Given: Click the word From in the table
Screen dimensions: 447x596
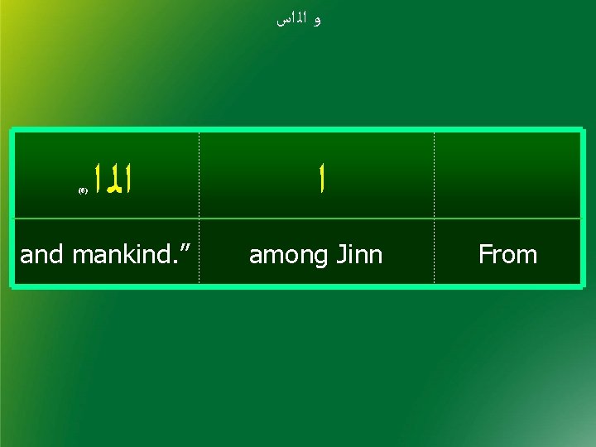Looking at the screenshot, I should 507,254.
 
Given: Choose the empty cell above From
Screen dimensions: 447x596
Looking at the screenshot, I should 507,175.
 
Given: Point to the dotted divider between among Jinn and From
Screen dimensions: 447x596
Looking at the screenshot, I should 434,207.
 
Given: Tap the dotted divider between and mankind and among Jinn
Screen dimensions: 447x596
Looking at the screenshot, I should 199,207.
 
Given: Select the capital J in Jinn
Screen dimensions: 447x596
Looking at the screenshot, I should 339,254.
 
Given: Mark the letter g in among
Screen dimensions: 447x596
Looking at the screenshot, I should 314,257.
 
